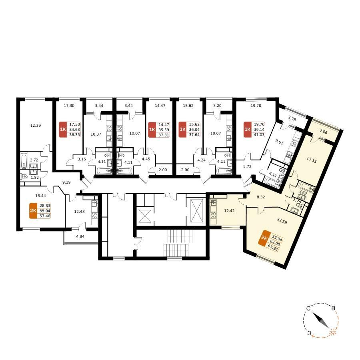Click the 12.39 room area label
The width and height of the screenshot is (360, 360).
36,125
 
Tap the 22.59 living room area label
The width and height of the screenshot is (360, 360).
282,221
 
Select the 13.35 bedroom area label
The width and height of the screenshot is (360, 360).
311,160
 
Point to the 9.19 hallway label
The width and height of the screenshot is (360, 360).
66,182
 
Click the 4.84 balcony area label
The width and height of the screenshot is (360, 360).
80,236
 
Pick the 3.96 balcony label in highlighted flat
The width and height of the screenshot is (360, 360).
323,132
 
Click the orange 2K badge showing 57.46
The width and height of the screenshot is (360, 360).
33,211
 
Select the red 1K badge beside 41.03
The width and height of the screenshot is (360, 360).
248,130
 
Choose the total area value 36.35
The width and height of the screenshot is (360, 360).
74,134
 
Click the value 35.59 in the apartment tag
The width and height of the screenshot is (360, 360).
164,130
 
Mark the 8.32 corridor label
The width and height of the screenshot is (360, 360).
261,197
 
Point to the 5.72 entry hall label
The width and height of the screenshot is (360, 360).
247,166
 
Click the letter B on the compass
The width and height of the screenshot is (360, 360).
333,308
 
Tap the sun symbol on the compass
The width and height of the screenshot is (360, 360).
332,332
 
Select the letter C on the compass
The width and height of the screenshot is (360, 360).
308,308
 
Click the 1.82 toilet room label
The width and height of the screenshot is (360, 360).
34,177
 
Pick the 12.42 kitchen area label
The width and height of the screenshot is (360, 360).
229,210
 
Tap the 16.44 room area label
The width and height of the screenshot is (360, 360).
41,196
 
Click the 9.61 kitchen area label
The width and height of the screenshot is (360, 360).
279,142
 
